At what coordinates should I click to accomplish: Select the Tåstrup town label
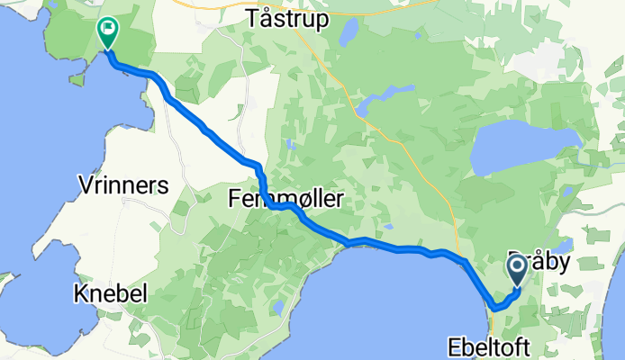[287, 18]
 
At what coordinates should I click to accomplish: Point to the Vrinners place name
[123, 185]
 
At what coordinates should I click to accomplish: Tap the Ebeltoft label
[489, 346]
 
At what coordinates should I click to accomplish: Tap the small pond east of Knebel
[278, 307]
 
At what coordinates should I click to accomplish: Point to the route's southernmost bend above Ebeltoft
[496, 309]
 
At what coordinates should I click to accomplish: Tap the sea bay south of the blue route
[387, 297]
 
